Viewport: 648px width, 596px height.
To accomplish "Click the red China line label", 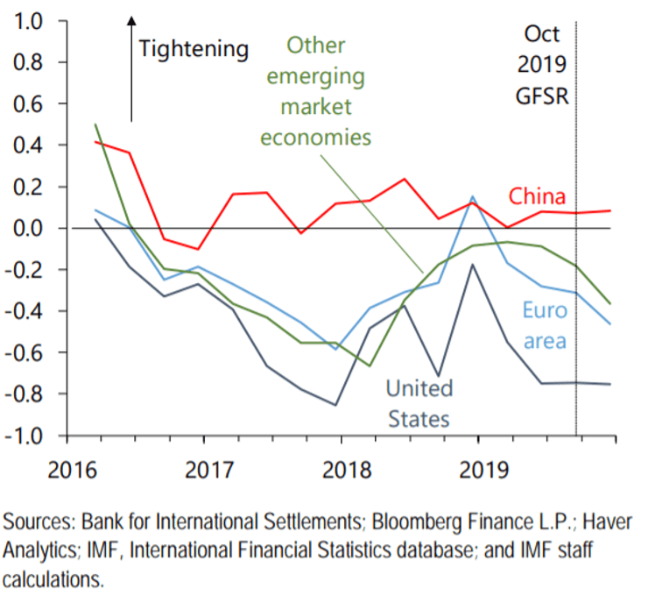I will click(x=538, y=195).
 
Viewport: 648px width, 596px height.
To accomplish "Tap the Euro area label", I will click(x=545, y=324).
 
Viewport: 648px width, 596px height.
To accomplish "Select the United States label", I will click(x=419, y=402).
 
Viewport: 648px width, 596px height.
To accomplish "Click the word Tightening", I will click(x=194, y=48).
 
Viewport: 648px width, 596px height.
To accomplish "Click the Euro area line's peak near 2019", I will click(x=473, y=197).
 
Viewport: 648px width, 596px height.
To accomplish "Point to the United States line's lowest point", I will click(x=335, y=404).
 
